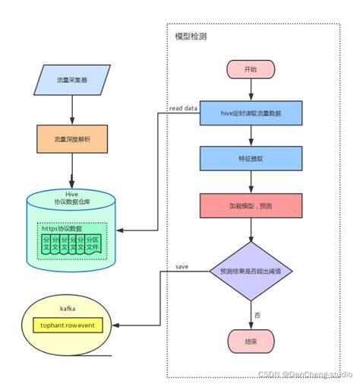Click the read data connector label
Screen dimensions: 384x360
182,109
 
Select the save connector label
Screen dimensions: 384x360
182,267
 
